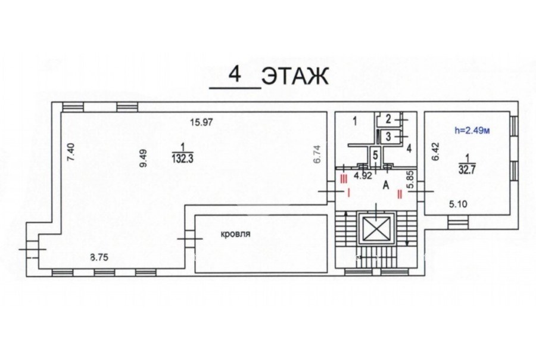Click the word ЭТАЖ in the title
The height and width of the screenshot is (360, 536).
295,76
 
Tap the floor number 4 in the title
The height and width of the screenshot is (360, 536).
235,75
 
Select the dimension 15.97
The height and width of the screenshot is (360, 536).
202,122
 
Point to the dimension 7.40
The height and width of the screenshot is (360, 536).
70,152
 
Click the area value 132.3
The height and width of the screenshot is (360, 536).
183,159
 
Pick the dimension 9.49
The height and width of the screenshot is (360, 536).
143,158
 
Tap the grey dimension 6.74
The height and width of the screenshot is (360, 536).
317,154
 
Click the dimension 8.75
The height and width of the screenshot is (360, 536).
99,257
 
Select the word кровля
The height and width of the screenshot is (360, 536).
235,234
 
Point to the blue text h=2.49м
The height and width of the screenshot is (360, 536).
472,130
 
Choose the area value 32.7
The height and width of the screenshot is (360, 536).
467,170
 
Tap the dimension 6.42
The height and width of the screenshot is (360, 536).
435,152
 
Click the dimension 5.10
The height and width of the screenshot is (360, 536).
458,204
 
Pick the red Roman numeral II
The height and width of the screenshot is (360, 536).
399,194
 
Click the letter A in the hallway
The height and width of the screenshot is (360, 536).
386,185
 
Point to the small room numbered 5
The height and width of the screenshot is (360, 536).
375,156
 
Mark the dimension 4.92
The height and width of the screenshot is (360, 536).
362,176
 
